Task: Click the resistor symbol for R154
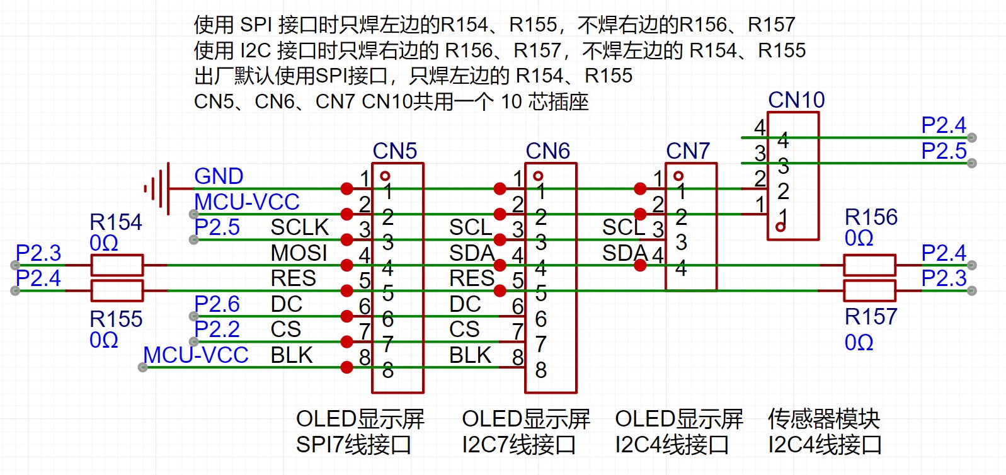(x=117, y=265)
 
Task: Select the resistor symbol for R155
(x=117, y=291)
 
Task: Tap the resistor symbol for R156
(x=869, y=265)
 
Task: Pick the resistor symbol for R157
(x=869, y=291)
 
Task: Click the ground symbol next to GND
(x=157, y=188)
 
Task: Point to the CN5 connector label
(x=395, y=151)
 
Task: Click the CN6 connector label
(x=548, y=151)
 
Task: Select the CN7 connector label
(x=688, y=151)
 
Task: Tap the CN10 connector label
(x=796, y=100)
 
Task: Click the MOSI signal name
(x=299, y=253)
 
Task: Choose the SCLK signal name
(x=300, y=227)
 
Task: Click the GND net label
(x=219, y=176)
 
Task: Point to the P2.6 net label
(x=217, y=304)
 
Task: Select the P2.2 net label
(x=217, y=329)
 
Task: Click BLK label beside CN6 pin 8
(x=470, y=355)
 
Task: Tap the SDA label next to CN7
(x=625, y=253)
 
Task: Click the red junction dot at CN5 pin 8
(x=346, y=367)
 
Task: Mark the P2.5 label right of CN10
(x=943, y=151)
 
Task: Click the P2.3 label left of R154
(x=38, y=253)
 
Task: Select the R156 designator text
(x=871, y=217)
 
